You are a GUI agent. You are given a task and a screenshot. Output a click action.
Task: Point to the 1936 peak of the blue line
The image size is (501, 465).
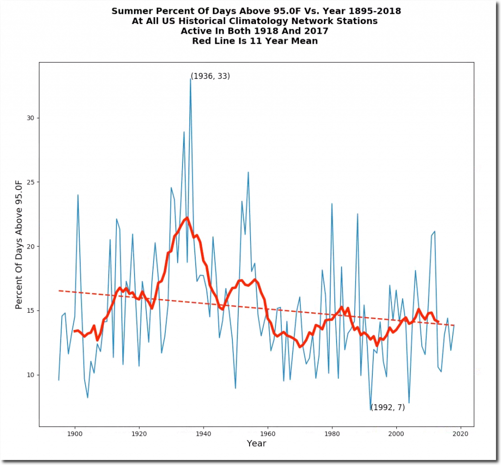(190, 79)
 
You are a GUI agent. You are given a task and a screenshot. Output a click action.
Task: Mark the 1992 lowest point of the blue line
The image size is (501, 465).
(370, 409)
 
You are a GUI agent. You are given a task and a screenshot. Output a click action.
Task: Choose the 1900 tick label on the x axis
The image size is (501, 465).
(75, 433)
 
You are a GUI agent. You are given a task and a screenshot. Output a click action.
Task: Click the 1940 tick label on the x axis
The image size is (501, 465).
(204, 433)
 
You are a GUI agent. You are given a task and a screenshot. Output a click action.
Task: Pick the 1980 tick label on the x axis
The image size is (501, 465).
(332, 433)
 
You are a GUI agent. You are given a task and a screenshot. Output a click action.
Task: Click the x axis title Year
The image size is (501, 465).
(256, 443)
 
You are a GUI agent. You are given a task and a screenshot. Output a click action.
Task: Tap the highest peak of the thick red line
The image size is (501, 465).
(187, 218)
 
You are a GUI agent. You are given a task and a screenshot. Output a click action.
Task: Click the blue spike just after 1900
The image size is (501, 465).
(78, 195)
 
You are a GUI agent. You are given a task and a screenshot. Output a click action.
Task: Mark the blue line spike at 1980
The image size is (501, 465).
(332, 204)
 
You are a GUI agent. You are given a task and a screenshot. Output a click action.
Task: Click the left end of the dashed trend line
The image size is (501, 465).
(59, 291)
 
